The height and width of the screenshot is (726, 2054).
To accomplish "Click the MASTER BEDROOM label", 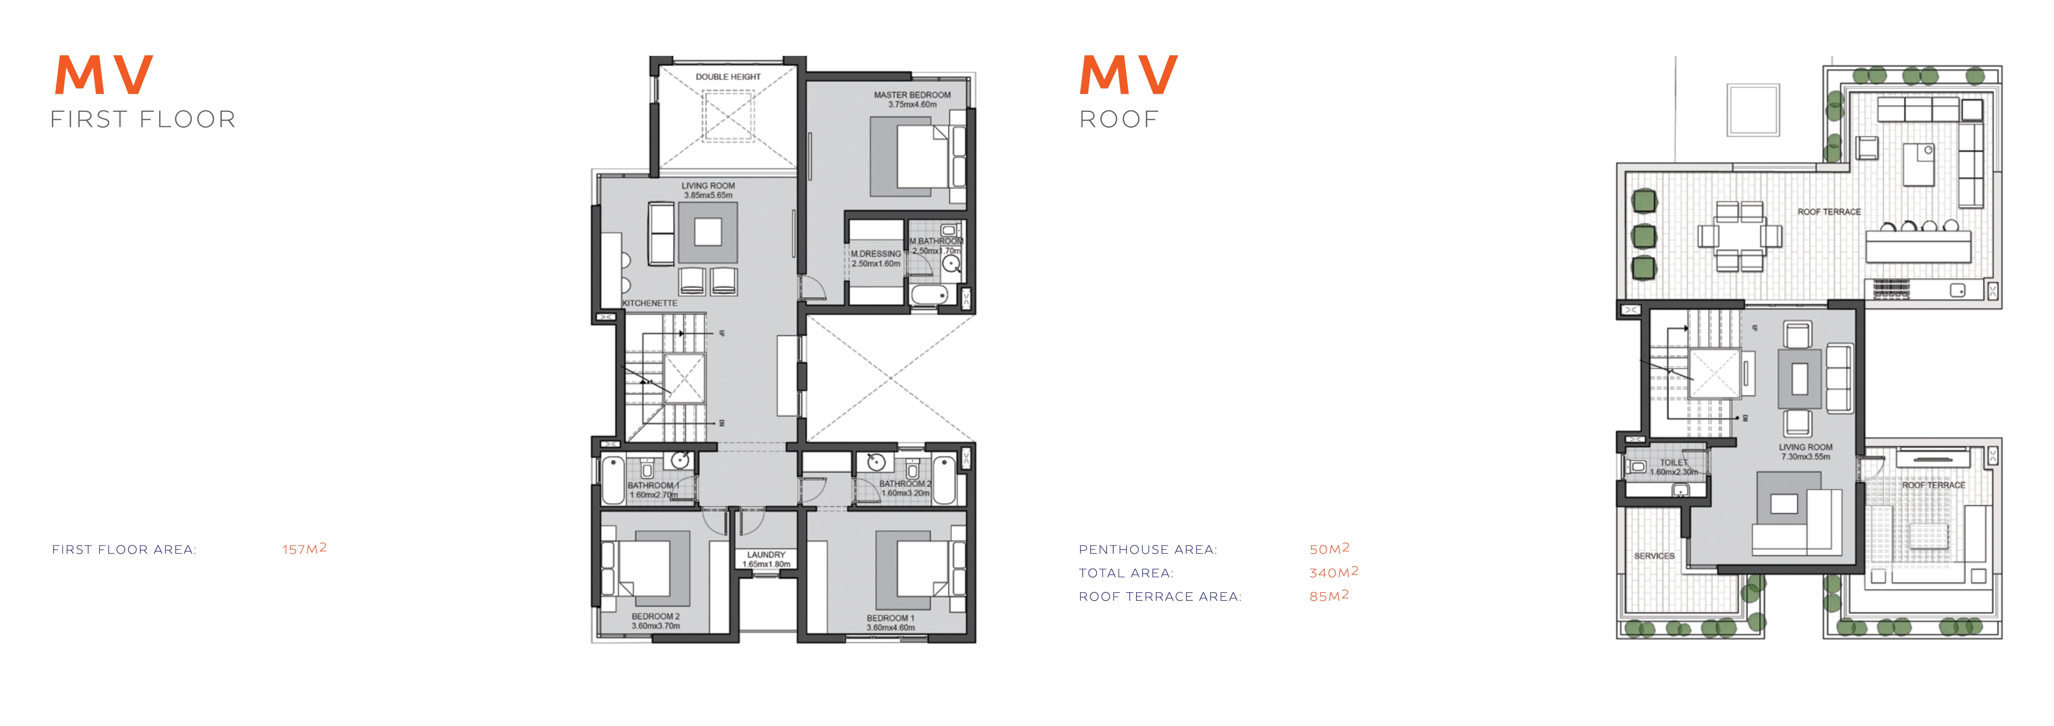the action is pos(912,95).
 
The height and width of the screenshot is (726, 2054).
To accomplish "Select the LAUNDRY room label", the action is pos(766,555).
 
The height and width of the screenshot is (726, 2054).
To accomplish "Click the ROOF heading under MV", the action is pos(1119,120).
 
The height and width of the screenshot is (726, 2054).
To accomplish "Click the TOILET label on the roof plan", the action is pos(1674,462).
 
